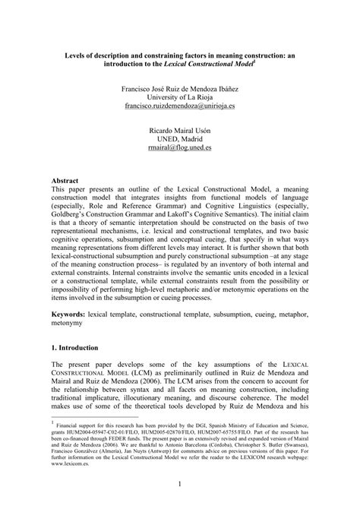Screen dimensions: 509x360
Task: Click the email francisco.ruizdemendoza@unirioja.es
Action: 180,107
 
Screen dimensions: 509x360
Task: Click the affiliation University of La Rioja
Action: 180,97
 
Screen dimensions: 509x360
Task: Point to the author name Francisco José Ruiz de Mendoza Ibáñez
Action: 180,87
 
